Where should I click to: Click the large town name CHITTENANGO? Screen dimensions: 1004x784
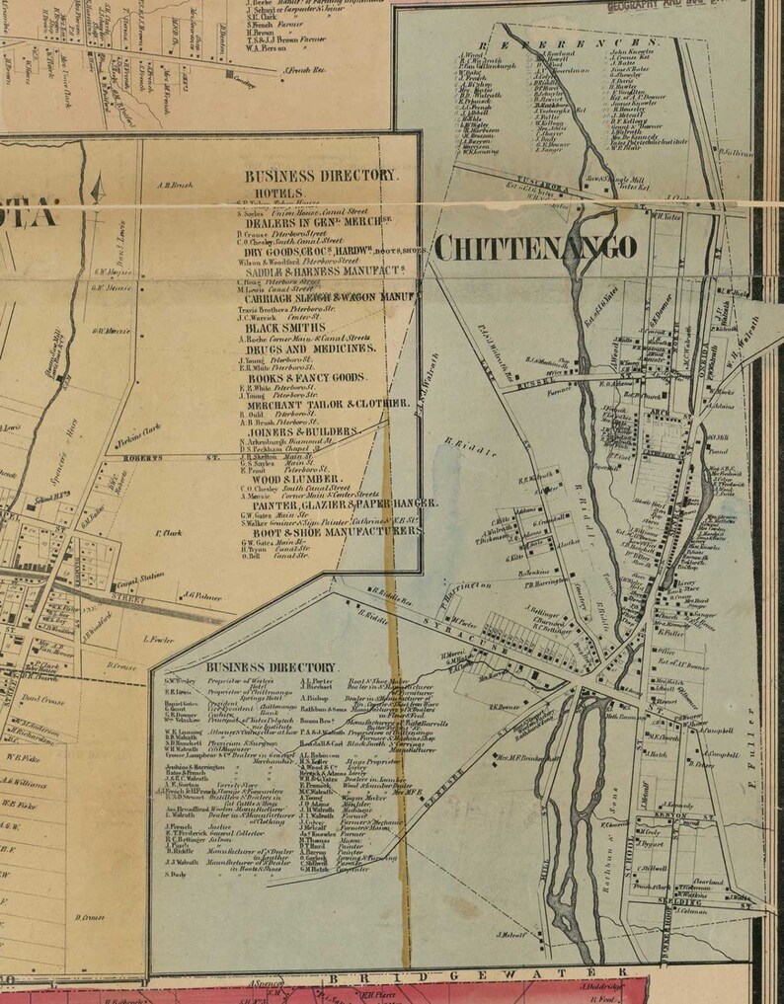click(x=534, y=246)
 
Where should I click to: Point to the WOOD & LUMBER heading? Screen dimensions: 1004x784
click(x=284, y=479)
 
